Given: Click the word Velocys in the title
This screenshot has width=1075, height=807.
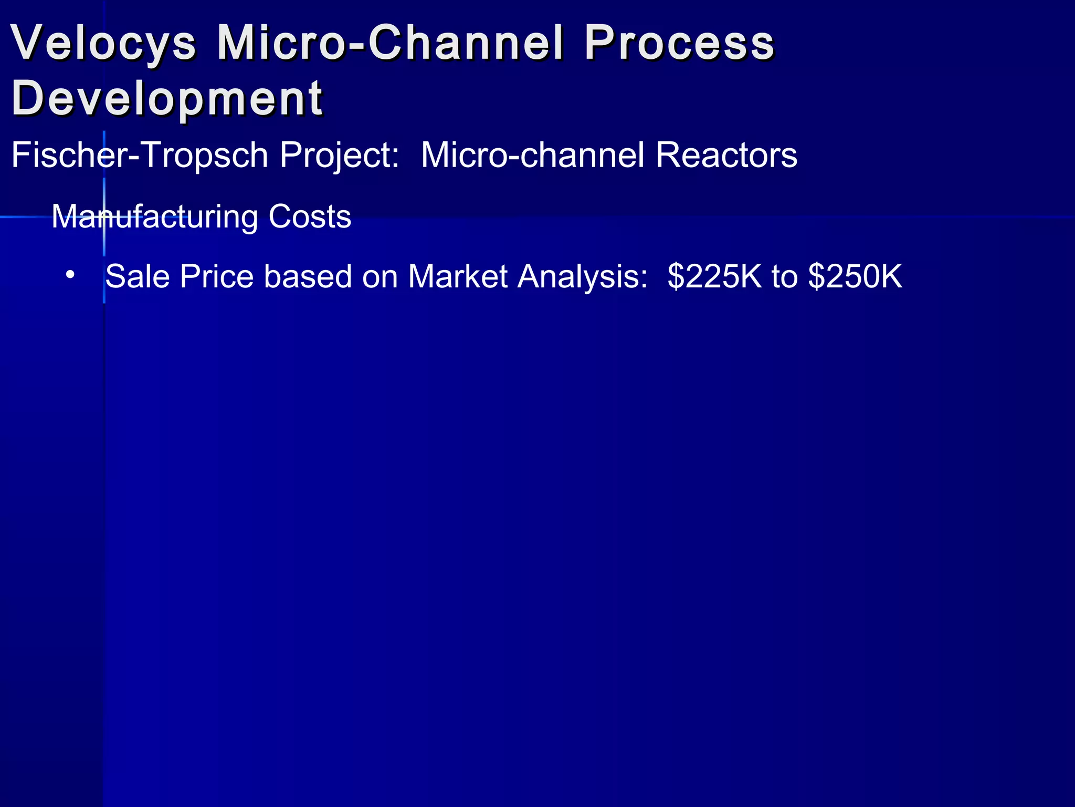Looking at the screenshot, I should click(x=103, y=43).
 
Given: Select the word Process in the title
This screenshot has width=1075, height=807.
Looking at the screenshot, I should click(x=679, y=43).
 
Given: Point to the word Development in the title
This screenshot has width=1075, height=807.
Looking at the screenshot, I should click(x=167, y=99).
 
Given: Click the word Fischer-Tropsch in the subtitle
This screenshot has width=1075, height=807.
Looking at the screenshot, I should click(x=140, y=156).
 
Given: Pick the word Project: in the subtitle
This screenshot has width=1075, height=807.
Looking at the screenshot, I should click(x=339, y=156).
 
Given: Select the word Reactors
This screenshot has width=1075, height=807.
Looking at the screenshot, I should click(x=726, y=156).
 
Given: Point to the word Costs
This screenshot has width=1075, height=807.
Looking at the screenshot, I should click(x=310, y=216).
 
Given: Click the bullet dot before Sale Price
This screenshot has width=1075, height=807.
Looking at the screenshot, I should click(x=70, y=274).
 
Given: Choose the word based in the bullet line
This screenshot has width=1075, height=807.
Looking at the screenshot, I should click(x=308, y=276).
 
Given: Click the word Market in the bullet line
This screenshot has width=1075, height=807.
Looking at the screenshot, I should click(x=458, y=276).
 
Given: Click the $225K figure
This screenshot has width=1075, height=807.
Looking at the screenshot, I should click(x=714, y=276).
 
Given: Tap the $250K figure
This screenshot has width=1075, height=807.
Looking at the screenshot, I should click(x=855, y=276).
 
